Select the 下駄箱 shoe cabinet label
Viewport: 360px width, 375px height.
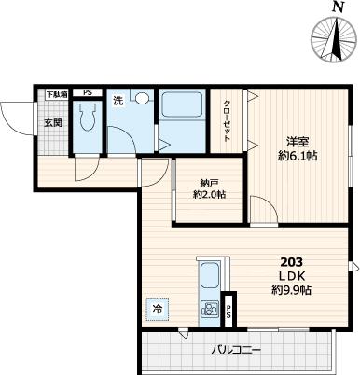coord(57,93)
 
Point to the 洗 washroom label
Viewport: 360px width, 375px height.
coord(118,101)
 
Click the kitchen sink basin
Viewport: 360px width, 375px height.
coord(208,277)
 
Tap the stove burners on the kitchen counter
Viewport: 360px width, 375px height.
coord(208,311)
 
